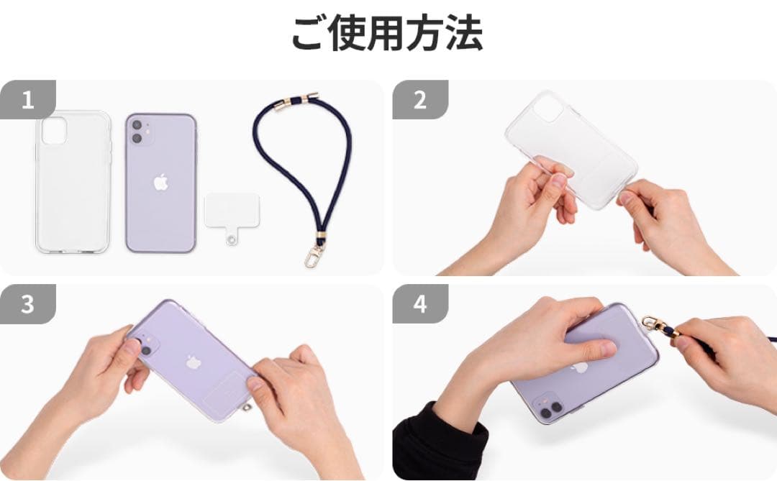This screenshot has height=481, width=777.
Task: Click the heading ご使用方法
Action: coord(386,33)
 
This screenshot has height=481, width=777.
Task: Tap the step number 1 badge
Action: coord(28,99)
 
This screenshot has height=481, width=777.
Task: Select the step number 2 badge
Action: coord(420,99)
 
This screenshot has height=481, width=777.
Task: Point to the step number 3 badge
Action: coord(28,303)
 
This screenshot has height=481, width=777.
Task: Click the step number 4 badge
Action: coord(420,303)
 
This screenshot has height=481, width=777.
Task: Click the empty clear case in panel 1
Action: coord(73,183)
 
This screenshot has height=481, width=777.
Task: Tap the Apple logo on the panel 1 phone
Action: coord(160,183)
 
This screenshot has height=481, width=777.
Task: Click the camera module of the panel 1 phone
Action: coord(141,131)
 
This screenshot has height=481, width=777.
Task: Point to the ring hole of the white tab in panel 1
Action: coord(232,239)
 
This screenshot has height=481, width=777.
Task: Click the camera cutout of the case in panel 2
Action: coord(548,108)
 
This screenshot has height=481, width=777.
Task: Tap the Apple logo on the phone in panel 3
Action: coord(193,362)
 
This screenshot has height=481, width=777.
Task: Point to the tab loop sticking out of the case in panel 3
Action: coord(246,407)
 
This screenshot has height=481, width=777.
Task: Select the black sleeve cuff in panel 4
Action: coord(439,441)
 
